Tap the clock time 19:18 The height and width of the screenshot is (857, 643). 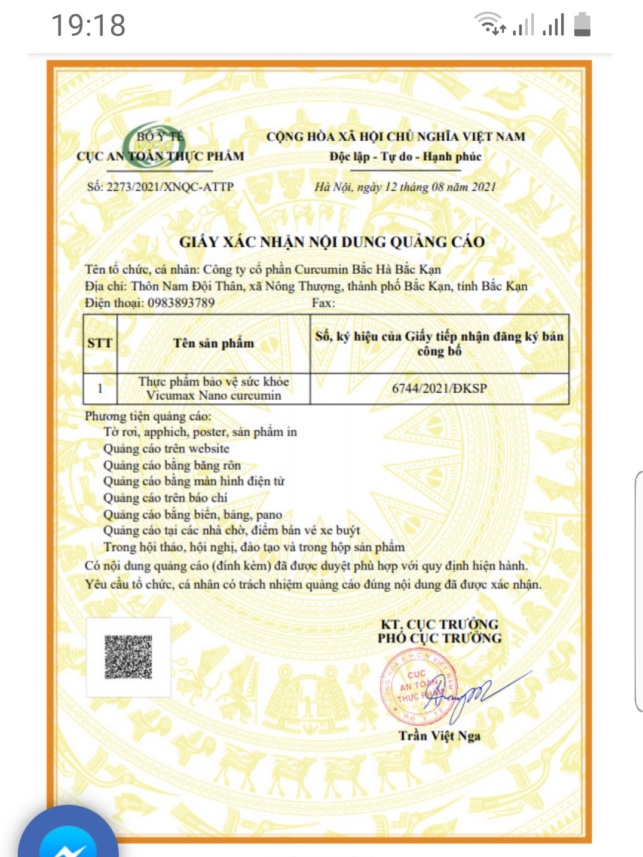pos(88,25)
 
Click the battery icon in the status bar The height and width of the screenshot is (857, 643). pos(582,25)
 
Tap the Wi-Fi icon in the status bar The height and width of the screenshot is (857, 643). pos(489,24)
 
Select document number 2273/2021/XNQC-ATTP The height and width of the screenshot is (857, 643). pos(160,186)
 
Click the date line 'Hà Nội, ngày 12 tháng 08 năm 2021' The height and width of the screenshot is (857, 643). pos(405,187)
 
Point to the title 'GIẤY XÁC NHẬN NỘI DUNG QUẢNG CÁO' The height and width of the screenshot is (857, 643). pos(332,242)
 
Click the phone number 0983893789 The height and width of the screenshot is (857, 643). pos(180,303)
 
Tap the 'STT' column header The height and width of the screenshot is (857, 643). pos(100,344)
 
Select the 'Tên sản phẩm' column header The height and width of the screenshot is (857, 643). pos(213,344)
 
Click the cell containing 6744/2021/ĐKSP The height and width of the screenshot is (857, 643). pos(439,388)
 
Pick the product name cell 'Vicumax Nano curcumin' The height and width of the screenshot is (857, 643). pos(213,388)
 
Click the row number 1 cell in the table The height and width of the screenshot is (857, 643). pos(100,388)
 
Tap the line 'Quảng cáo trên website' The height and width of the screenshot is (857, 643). pos(166,449)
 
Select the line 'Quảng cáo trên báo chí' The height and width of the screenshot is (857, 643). pos(165,498)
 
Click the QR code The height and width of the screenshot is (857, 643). pos(128,657)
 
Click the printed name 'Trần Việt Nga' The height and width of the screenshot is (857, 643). pos(439,736)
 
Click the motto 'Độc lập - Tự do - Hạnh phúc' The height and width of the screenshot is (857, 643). pos(405,157)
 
